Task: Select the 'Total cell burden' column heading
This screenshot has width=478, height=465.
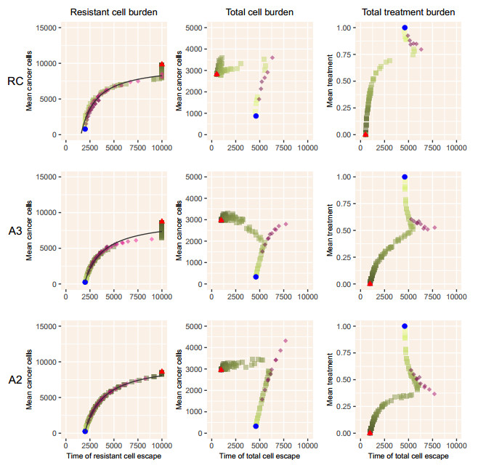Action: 255,12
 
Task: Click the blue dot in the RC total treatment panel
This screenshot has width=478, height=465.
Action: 405,28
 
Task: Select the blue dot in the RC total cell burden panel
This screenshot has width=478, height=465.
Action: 256,116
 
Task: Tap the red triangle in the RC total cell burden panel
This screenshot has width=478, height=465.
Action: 216,73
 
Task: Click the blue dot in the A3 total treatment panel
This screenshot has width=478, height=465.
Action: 405,177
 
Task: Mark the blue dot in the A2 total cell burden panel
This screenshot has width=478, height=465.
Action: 256,426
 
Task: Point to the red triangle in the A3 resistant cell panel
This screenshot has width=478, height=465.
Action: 162,222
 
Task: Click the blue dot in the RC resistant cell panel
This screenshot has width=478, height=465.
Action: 85,129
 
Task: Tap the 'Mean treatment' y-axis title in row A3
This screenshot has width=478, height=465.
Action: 331,230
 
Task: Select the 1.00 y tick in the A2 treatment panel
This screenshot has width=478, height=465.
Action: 347,326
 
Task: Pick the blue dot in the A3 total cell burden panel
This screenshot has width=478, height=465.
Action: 256,277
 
